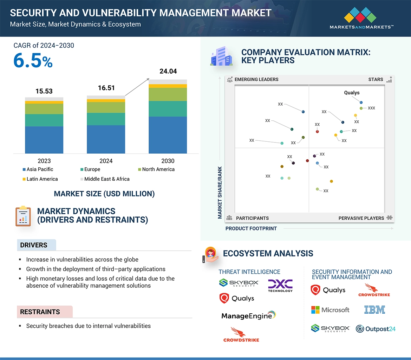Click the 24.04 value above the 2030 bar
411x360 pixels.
168,71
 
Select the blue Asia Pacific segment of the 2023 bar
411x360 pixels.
44,140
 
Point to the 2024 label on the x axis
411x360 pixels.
106,161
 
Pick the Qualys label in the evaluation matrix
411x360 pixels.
352,93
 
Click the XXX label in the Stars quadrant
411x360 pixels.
371,108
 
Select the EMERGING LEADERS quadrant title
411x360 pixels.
256,79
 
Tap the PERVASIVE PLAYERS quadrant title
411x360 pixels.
361,218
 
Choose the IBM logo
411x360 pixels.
374,309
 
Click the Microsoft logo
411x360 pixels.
330,310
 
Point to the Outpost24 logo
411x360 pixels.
376,329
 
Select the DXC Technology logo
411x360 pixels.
280,286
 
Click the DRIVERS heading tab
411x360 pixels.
34,245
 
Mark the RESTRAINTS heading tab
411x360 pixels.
40,312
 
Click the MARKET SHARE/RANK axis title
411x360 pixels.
220,192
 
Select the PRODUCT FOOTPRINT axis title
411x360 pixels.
251,228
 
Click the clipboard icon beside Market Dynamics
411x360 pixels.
23,216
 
